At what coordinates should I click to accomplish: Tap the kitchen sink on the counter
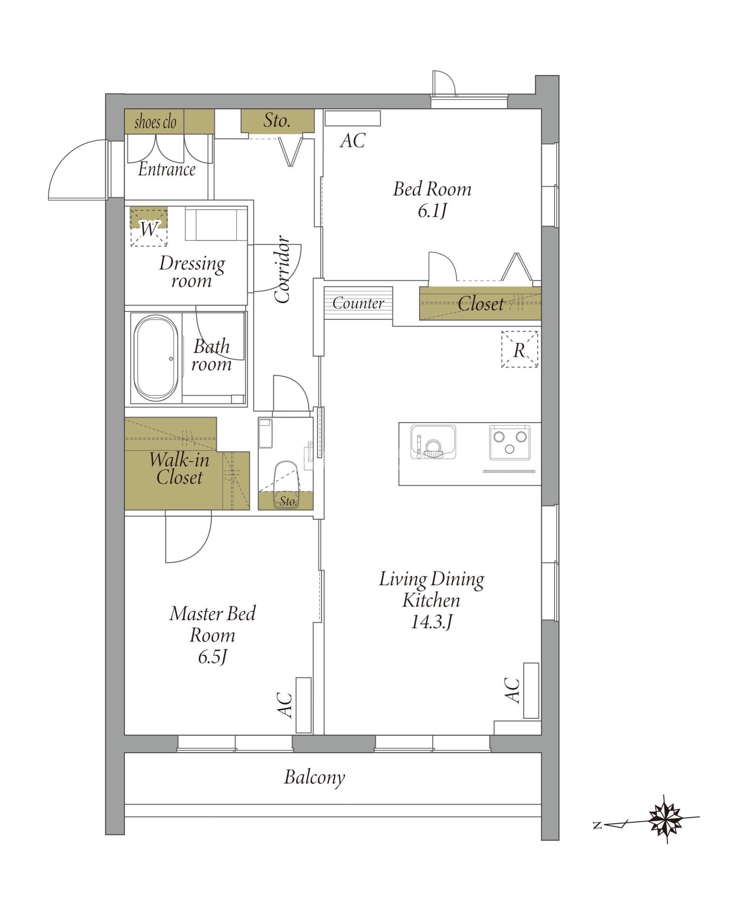433,442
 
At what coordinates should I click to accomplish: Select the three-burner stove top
510,443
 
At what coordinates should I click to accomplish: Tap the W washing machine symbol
149,227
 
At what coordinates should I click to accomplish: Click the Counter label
358,303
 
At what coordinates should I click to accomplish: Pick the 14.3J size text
431,622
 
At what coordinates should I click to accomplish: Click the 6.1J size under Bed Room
432,211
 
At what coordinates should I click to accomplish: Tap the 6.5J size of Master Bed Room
212,657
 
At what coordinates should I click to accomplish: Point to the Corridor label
282,269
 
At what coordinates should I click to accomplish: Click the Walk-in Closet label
179,468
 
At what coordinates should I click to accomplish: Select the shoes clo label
155,122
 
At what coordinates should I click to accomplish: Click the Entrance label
167,169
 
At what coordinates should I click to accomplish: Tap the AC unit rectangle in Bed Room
353,118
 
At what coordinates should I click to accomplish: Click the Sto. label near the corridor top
277,120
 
